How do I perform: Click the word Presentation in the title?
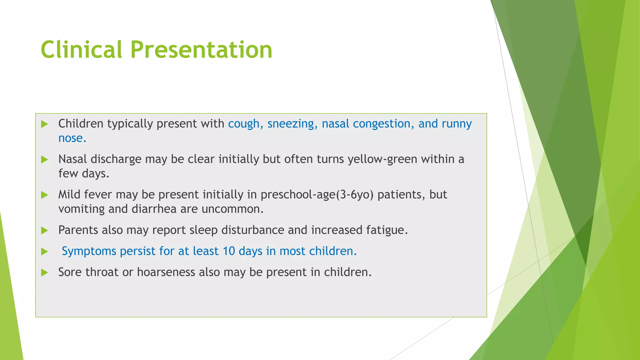[x=201, y=50]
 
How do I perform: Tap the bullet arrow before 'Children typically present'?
[x=45, y=124]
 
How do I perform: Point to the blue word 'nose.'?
[x=72, y=138]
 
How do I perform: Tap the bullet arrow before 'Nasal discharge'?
[x=45, y=160]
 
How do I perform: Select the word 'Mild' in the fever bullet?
[x=69, y=195]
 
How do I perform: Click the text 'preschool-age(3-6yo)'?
[x=317, y=195]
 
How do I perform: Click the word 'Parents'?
[x=78, y=230]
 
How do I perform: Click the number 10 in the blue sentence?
[x=229, y=251]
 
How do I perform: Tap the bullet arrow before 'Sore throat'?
[x=45, y=272]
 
